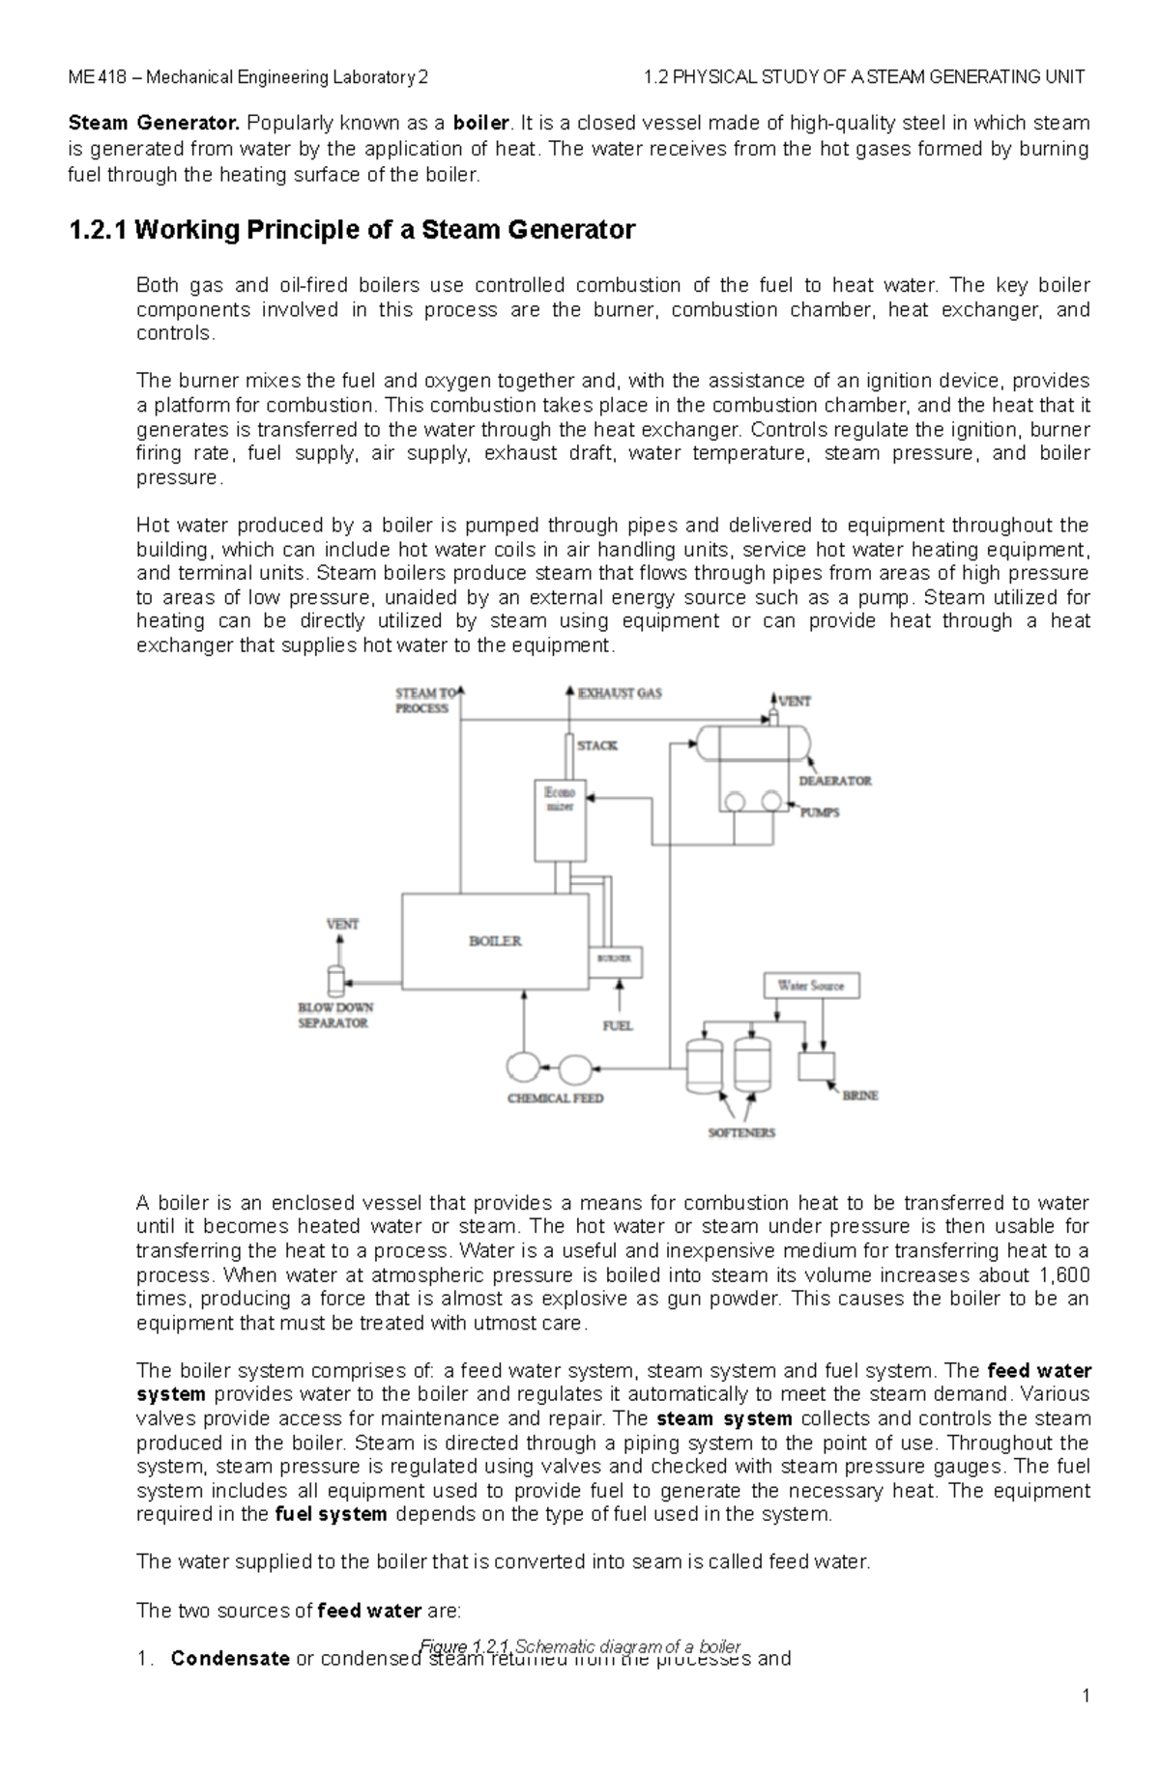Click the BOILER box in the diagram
click(x=495, y=940)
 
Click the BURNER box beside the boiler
click(x=615, y=959)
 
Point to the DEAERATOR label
click(x=835, y=781)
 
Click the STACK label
click(x=596, y=746)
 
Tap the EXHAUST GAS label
click(x=620, y=693)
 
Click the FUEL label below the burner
click(x=617, y=1025)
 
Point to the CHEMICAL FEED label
click(x=556, y=1099)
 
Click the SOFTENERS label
click(x=741, y=1132)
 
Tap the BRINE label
click(x=860, y=1096)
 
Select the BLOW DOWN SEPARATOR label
click(x=335, y=1015)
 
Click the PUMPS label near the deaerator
click(x=820, y=813)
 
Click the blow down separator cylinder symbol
click(x=335, y=981)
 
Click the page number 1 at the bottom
click(x=1086, y=1723)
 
